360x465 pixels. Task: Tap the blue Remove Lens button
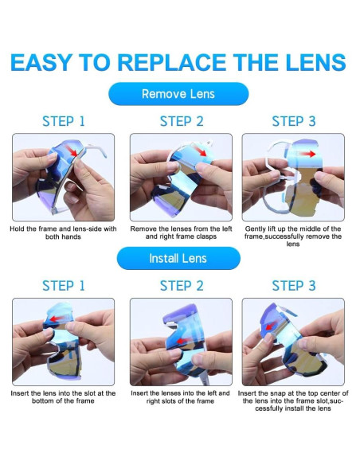(x=178, y=94)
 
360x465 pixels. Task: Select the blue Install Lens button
(x=178, y=258)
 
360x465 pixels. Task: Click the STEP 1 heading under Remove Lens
(x=64, y=121)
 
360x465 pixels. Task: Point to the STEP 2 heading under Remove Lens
(x=182, y=121)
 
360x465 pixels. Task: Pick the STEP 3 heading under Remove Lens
(x=294, y=121)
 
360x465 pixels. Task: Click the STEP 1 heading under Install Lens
(x=64, y=286)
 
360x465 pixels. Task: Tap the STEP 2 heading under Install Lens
(x=182, y=286)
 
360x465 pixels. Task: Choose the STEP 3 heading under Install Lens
(x=294, y=286)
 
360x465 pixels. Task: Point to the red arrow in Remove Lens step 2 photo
(x=200, y=150)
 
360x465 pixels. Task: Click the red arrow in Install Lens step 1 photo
(x=57, y=318)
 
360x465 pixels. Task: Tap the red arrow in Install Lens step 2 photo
(x=183, y=341)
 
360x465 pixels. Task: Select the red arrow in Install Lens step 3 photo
(x=269, y=326)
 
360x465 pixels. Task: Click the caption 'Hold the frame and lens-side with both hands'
(x=63, y=232)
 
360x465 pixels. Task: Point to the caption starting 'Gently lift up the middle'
(x=293, y=236)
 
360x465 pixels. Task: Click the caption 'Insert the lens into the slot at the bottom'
(x=63, y=397)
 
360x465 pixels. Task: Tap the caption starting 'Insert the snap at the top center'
(x=293, y=401)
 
